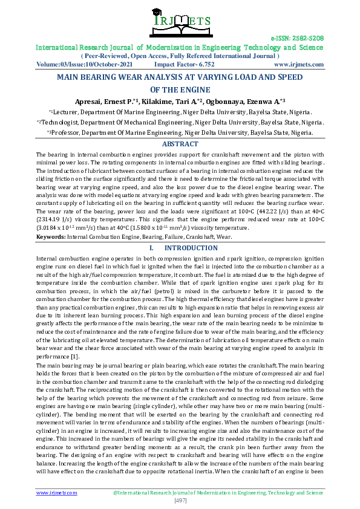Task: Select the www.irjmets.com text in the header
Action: click(x=298, y=63)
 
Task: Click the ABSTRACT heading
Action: click(x=180, y=144)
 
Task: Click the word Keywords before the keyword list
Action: click(x=51, y=237)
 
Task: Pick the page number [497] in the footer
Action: click(x=180, y=501)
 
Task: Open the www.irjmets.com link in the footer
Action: click(x=57, y=493)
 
